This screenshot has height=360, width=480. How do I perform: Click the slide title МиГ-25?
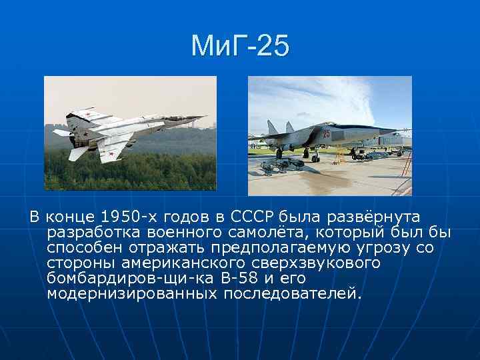pos(240,45)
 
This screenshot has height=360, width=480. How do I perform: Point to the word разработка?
pos(87,232)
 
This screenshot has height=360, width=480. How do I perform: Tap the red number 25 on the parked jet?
pos(326,133)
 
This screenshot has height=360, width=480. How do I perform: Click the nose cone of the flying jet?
pos(199,117)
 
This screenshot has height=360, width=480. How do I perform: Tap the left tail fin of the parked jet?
pos(272,127)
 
